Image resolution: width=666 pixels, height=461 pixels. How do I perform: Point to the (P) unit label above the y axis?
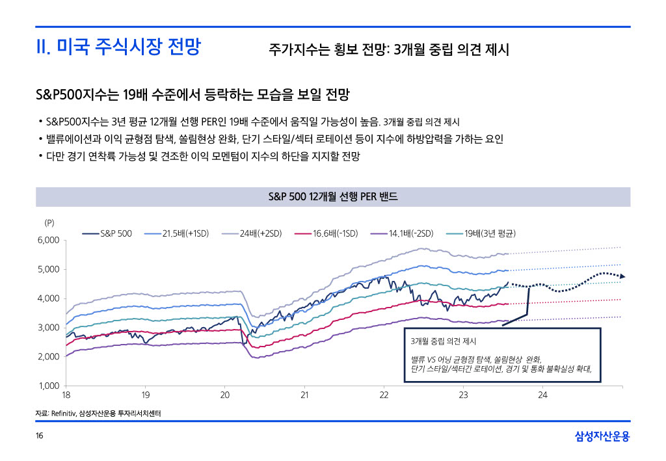[49, 222]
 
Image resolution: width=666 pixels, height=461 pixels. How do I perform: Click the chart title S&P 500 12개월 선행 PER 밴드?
[332, 196]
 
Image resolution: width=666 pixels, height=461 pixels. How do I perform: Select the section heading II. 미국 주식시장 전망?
[118, 47]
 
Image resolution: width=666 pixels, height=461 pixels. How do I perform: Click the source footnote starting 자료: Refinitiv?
[98, 413]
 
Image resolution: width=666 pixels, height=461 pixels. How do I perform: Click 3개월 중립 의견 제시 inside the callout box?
[444, 341]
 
